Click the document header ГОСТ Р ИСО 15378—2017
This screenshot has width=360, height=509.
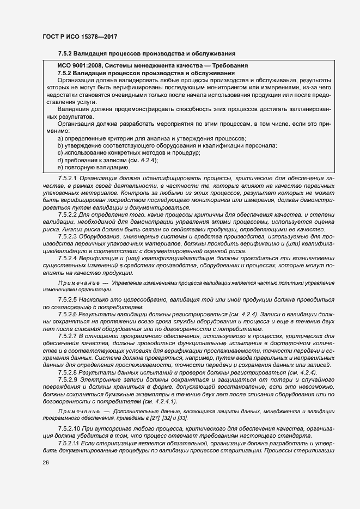80,37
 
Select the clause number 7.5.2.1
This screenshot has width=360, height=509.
69,178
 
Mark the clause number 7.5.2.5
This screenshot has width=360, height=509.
69,301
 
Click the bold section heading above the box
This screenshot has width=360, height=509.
147,53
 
